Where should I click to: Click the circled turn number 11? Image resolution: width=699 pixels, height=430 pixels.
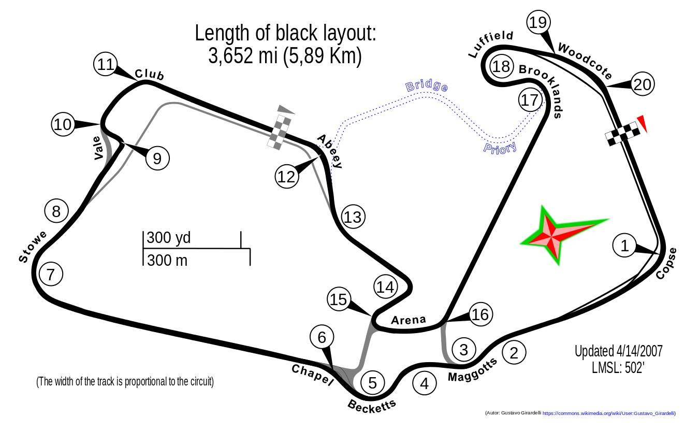[x=106, y=65]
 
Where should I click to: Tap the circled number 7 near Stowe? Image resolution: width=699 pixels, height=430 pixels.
[x=50, y=275]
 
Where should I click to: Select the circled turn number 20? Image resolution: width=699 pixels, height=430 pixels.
[x=643, y=84]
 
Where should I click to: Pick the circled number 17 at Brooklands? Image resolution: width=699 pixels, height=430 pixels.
[x=530, y=100]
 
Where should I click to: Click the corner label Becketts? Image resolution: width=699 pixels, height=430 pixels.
[x=372, y=406]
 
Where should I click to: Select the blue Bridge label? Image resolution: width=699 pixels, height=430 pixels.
[x=427, y=86]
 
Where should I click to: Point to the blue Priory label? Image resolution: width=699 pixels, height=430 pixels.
[x=500, y=148]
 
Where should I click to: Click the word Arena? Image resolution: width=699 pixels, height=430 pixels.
[x=408, y=320]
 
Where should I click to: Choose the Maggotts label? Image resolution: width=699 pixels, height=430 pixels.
[x=475, y=368]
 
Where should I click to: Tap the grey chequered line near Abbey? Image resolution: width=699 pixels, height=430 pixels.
[x=280, y=133]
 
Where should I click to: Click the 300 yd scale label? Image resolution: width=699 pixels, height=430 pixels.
[x=169, y=238]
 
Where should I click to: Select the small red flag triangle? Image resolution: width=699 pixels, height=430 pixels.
[x=642, y=123]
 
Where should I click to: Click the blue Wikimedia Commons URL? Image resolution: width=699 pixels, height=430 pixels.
[x=609, y=413]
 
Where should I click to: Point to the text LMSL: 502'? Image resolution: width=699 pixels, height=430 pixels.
[x=618, y=368]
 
